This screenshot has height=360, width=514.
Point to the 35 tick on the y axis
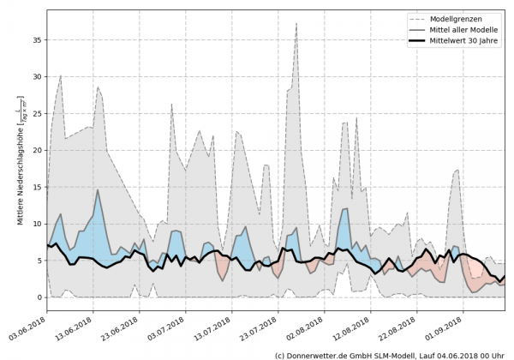tap(37, 39)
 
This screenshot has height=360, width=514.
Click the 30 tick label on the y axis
tap(37, 76)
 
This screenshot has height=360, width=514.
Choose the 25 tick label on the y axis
tap(37, 113)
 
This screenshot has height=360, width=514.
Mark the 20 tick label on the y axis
tap(37, 150)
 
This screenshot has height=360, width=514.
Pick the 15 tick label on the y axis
tap(37, 187)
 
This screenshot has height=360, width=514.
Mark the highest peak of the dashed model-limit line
tap(296, 24)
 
